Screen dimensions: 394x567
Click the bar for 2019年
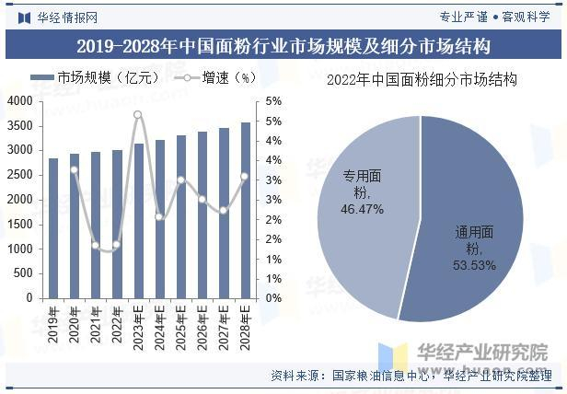53,228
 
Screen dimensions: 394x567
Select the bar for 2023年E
138,221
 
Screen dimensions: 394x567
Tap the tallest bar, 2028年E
245,210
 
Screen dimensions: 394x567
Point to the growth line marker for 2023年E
138,115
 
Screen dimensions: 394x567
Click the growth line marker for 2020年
75,169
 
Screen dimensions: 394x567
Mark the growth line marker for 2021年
96,245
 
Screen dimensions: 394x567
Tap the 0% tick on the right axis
273,298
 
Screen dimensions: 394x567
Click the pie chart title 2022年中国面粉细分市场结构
422,80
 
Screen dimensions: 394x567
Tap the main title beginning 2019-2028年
283,45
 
